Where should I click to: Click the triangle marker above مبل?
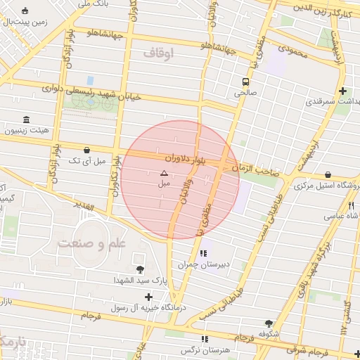[x=164, y=172]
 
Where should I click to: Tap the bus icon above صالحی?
[x=245, y=80]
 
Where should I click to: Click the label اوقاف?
[x=158, y=53]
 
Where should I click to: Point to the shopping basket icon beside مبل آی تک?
[x=86, y=150]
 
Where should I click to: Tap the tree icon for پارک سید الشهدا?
[x=141, y=269]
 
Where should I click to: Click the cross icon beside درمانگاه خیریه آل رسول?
[x=148, y=296]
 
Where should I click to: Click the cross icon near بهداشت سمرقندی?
[x=342, y=91]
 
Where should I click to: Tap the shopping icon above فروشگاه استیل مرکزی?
[x=328, y=174]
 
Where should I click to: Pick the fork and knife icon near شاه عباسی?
[x=351, y=205]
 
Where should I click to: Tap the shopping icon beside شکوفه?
[x=267, y=322]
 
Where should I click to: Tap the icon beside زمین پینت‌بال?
[x=26, y=11]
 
